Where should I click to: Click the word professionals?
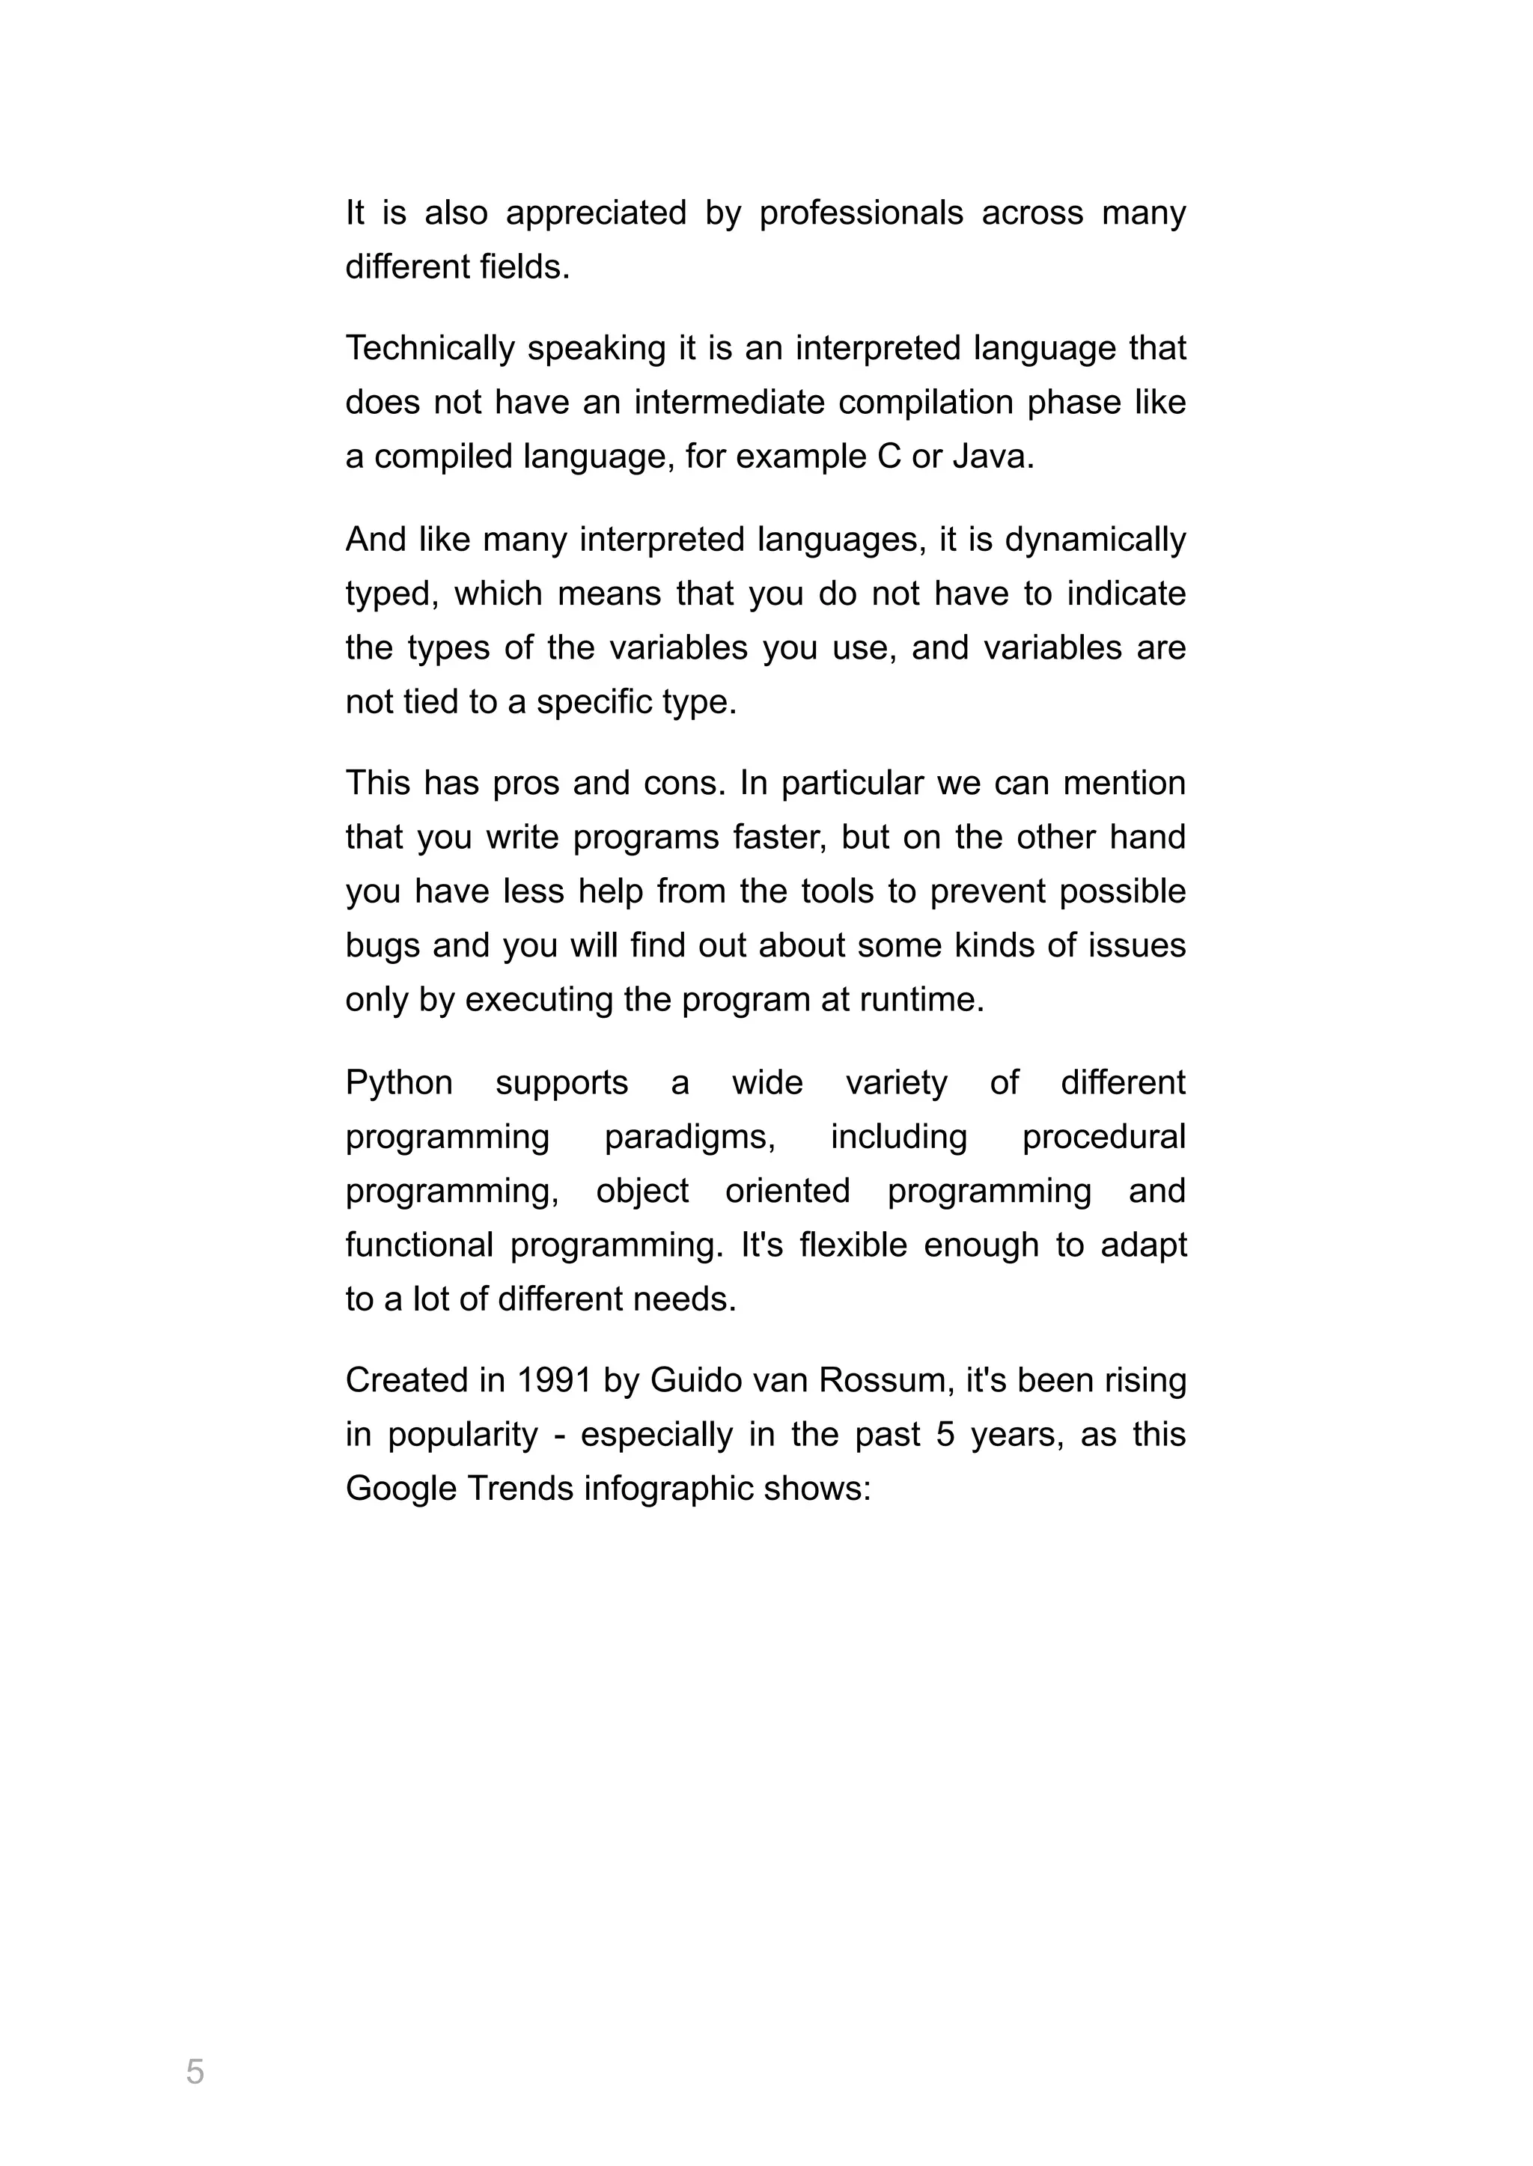(x=861, y=213)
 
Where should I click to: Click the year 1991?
(x=553, y=1381)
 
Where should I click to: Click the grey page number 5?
(x=195, y=2072)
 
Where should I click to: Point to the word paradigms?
(x=689, y=1138)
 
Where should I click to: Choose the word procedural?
(x=1103, y=1138)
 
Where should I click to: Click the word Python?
(x=399, y=1082)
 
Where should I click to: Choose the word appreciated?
(x=596, y=213)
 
